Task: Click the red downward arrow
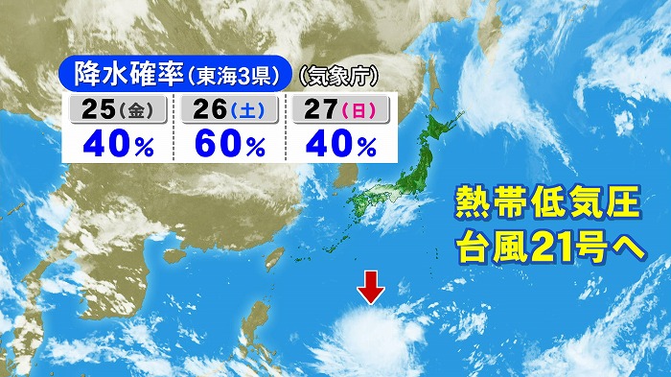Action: click(x=372, y=287)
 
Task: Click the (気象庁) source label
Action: click(x=336, y=73)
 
